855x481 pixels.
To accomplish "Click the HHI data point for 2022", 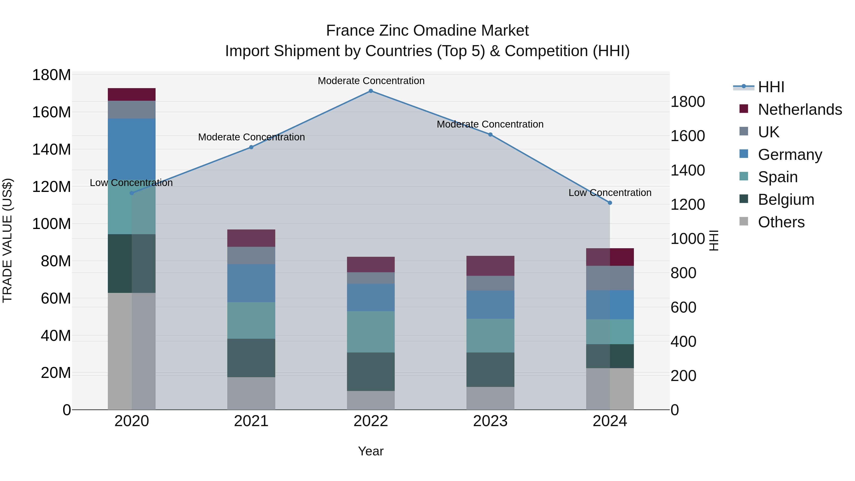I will tap(371, 91).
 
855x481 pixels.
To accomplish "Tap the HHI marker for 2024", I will tap(610, 203).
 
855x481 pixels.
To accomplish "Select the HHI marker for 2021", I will tap(251, 147).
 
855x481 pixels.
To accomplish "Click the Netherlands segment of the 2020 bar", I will tap(132, 94).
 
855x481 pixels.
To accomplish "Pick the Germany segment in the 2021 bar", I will tap(251, 283).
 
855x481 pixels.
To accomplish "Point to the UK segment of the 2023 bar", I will tap(490, 283).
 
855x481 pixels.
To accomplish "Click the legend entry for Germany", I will tap(790, 155).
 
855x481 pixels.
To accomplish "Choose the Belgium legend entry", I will tap(786, 200).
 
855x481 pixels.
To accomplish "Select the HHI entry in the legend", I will tap(771, 87).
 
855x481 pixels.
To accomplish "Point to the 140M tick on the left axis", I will tap(52, 149).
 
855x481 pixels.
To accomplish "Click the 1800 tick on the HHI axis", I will tap(688, 102).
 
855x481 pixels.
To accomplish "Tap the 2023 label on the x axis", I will tap(490, 421).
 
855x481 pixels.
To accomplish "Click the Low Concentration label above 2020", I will tap(131, 183).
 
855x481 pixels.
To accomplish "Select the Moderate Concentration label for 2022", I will tap(371, 81).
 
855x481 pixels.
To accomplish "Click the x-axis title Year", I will tap(371, 451).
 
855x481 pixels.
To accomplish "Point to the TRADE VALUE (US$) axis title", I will tap(7, 240).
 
